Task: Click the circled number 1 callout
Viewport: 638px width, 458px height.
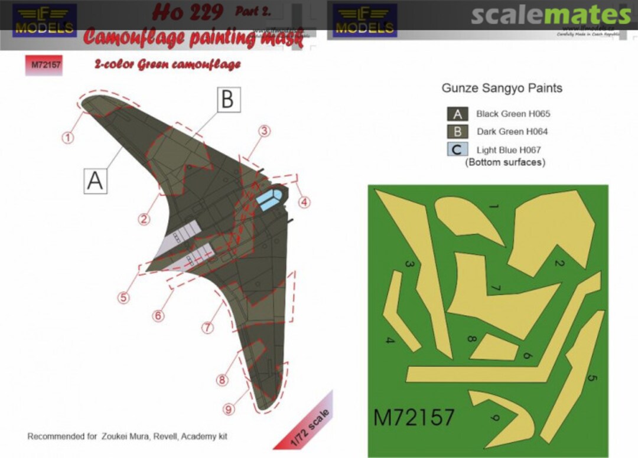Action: point(69,138)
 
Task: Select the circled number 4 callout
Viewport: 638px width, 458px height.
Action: point(304,202)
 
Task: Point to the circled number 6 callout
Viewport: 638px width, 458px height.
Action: point(158,316)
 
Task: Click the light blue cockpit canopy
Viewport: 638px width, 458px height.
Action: point(269,198)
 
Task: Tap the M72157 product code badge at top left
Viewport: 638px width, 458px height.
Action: point(43,66)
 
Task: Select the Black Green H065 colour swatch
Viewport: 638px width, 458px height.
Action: point(458,114)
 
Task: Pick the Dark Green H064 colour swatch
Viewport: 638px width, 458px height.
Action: point(458,132)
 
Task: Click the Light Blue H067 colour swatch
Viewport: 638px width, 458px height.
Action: point(458,150)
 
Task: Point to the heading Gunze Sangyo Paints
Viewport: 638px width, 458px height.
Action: point(502,89)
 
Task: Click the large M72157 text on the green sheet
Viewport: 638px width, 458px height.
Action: point(414,417)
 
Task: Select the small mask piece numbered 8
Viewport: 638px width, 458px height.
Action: point(494,347)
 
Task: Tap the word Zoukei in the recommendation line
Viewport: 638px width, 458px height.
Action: point(119,437)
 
